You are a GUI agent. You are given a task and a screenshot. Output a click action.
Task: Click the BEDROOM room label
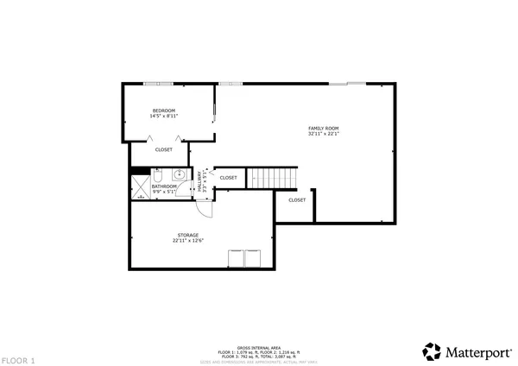164,110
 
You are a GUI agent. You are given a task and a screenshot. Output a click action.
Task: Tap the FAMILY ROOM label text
324,128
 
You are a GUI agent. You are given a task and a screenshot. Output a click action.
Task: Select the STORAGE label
188,235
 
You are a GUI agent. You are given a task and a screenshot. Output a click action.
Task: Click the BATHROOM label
164,186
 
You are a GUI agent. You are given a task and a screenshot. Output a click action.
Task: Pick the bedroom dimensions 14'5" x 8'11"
164,117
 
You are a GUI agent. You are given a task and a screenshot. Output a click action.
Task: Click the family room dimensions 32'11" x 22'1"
324,134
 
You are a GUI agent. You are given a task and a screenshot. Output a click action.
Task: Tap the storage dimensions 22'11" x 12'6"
188,241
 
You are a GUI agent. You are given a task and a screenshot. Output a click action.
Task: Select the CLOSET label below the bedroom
164,149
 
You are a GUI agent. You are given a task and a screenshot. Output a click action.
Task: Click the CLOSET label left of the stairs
228,178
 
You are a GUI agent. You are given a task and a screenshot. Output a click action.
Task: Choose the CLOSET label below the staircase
297,199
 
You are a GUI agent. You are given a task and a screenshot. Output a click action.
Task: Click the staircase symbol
273,177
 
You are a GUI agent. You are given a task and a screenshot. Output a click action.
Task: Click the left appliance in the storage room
235,258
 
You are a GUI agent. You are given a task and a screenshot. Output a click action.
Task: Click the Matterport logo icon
432,351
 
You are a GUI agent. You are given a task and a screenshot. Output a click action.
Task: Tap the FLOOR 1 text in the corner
18,359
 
